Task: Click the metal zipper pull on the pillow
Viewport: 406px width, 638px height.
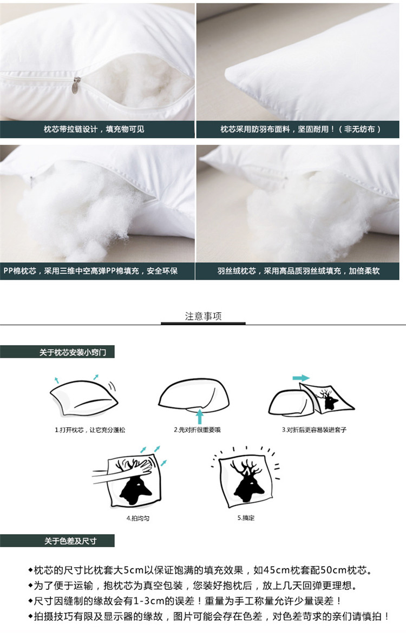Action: click(x=76, y=85)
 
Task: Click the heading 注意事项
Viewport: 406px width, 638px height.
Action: click(x=203, y=316)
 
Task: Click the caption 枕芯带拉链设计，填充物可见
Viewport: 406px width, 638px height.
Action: click(x=94, y=129)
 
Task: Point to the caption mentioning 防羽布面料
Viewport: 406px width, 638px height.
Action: click(x=300, y=129)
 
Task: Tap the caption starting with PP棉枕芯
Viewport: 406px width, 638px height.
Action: click(x=91, y=271)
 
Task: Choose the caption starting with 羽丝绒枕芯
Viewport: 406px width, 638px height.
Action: click(x=298, y=271)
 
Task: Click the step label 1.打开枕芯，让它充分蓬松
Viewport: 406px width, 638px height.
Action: click(x=90, y=430)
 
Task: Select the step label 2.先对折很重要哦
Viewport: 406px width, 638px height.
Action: click(x=197, y=430)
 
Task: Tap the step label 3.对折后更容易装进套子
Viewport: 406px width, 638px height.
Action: click(x=314, y=430)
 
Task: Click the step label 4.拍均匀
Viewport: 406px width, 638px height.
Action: click(x=137, y=518)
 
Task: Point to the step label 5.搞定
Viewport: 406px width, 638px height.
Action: click(x=246, y=518)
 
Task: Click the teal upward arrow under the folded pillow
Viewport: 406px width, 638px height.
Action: click(x=199, y=416)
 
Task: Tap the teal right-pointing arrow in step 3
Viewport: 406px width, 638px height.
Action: click(x=300, y=378)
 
